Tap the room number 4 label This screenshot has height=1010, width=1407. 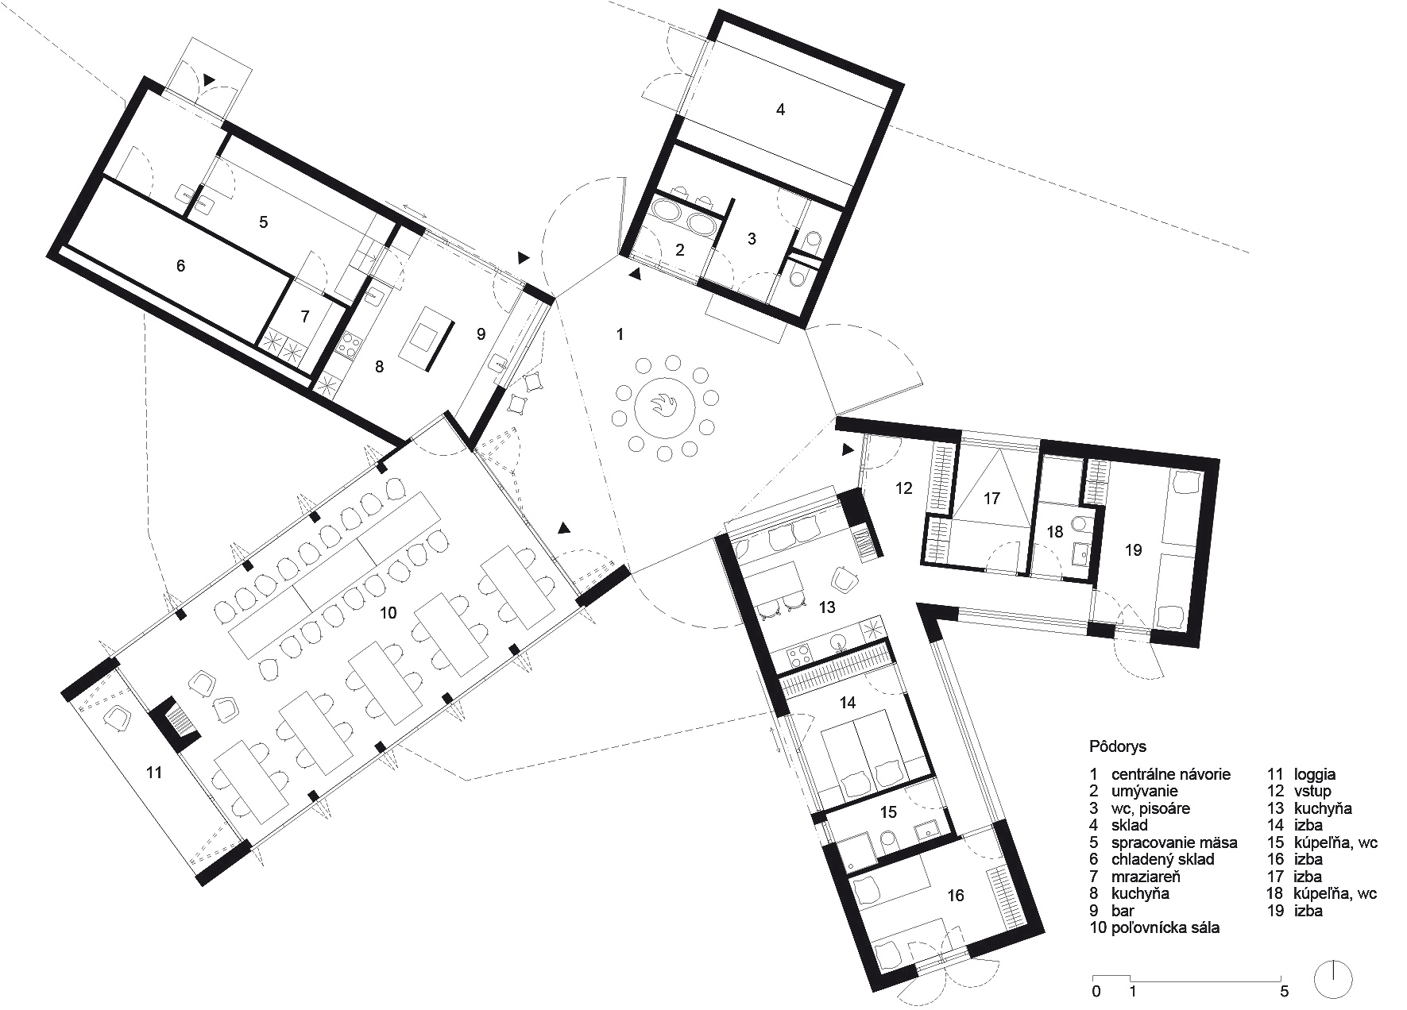780,110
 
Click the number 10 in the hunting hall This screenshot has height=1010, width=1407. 388,613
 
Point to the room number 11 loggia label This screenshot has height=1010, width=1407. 154,772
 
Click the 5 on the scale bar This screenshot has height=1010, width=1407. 1285,991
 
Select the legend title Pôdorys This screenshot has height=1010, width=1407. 1118,747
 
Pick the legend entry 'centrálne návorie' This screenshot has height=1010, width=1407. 1171,774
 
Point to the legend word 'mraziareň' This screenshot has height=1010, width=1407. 1146,877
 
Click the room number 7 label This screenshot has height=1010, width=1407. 304,316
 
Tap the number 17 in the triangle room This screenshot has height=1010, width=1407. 991,499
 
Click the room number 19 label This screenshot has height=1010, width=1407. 1133,549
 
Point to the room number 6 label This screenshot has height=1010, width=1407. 180,265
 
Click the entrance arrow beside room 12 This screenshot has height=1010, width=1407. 847,449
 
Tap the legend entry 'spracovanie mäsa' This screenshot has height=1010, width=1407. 1174,842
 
